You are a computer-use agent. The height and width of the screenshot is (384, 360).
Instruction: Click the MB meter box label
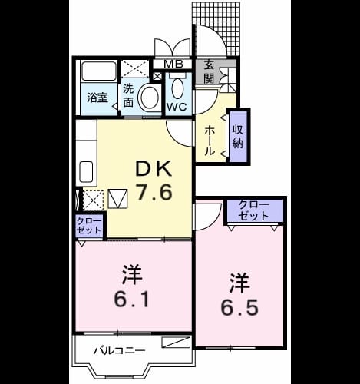[x=173, y=64]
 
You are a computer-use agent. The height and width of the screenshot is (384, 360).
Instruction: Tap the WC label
[x=177, y=107]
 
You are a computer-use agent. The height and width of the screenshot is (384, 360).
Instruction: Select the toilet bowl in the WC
[x=178, y=88]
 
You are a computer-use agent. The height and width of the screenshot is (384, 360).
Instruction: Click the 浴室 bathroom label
[x=97, y=98]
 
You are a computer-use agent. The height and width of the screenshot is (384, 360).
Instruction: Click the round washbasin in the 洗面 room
[x=149, y=98]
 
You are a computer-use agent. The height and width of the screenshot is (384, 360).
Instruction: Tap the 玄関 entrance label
[x=209, y=73]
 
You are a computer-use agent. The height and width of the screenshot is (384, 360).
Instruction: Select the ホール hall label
[x=209, y=140]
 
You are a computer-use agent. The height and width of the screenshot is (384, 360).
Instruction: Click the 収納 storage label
[x=238, y=136]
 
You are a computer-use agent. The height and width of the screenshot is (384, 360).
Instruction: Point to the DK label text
[x=154, y=168]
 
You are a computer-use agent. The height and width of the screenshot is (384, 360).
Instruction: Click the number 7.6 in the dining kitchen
[x=154, y=193]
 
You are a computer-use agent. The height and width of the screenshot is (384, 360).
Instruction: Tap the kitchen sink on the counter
[x=86, y=172]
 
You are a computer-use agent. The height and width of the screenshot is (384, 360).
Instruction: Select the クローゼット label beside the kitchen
[x=88, y=226]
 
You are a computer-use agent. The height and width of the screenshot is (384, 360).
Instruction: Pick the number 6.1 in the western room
[x=132, y=286]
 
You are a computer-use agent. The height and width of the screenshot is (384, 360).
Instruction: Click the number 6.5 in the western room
[x=239, y=294]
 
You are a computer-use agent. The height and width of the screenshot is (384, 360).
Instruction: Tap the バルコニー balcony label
[x=119, y=350]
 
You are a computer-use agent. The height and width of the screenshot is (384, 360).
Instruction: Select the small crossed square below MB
[x=157, y=76]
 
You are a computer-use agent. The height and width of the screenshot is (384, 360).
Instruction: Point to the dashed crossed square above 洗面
[x=135, y=68]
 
